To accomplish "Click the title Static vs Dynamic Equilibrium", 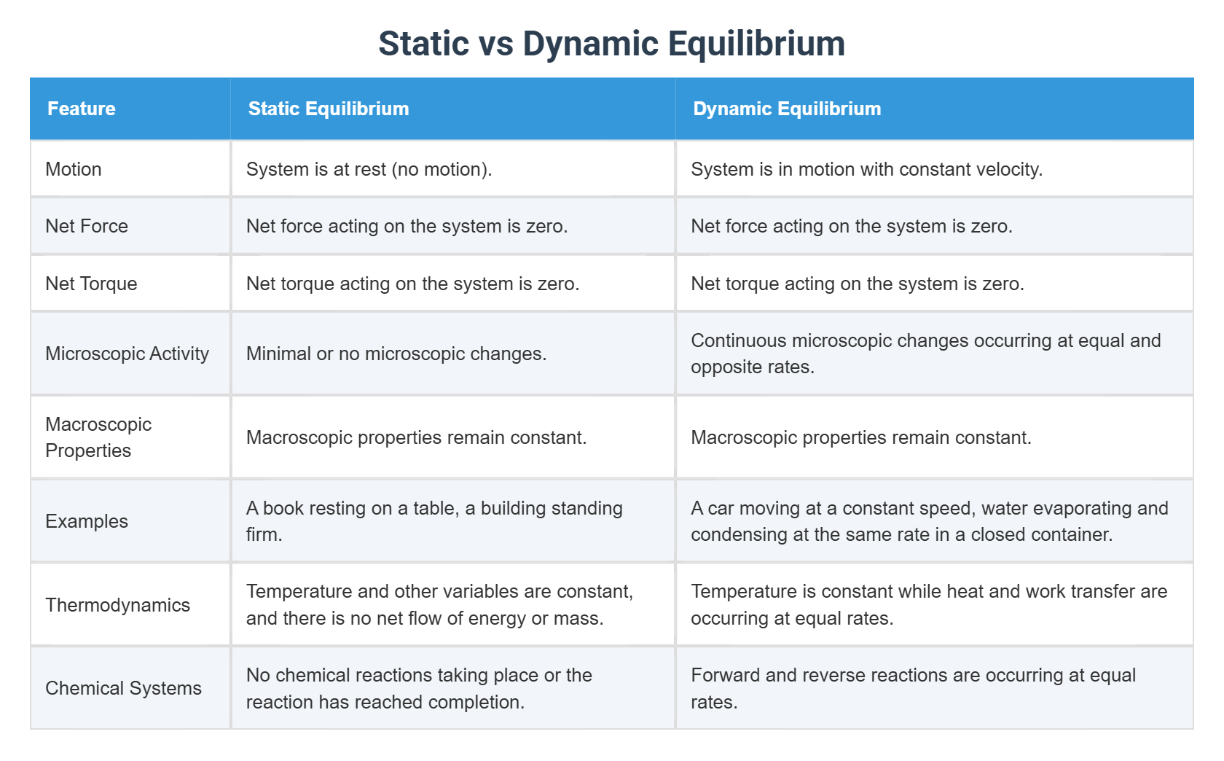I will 611,44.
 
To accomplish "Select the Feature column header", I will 82,109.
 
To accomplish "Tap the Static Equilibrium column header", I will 329,109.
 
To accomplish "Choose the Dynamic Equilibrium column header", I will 787,109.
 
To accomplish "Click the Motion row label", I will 74,169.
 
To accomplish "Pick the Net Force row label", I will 87,226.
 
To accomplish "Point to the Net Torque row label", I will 91,284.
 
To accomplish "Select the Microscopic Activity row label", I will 127,354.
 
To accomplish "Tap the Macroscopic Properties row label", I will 98,437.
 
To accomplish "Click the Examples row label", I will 87,521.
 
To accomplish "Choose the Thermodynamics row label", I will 117,605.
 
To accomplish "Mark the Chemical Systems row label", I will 123,688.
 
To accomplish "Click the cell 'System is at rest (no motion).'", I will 369,169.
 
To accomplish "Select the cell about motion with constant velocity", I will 866,169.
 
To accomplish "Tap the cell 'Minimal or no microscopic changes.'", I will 396,354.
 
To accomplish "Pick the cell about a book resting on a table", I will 434,521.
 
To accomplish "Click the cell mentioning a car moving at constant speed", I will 929,521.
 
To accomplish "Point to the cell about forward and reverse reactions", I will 913,688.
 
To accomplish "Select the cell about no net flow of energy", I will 439,605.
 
